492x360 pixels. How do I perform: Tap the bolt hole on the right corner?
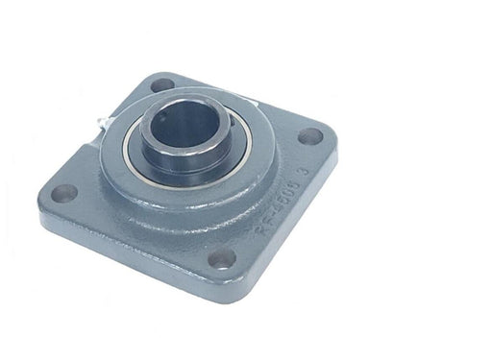310,135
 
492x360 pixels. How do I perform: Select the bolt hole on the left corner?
63,192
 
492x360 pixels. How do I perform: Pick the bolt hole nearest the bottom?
223,256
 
